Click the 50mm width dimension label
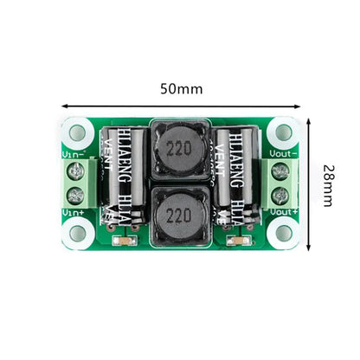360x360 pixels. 181,89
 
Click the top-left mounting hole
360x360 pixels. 78,133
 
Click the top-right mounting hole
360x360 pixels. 282,133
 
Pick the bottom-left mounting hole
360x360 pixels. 78,232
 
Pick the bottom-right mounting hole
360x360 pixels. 282,232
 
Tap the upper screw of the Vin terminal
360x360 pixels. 76,172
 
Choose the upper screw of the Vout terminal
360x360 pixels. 280,172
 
